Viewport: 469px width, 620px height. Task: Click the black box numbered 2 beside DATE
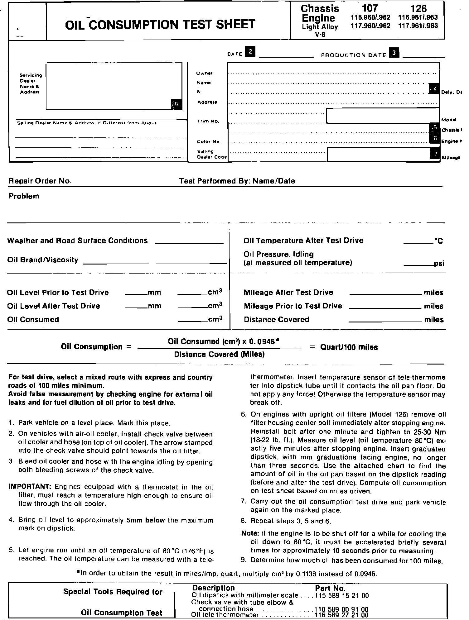coord(250,51)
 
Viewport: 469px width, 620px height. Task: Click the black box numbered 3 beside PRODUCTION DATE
coord(394,53)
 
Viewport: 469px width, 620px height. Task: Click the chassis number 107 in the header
coord(370,8)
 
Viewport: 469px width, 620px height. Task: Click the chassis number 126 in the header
coord(418,8)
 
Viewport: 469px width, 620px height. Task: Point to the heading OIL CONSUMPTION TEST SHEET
coord(160,24)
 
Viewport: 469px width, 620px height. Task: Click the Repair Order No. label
coord(40,181)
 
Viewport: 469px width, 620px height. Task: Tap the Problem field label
coord(24,196)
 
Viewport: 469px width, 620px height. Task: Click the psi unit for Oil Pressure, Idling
coord(439,264)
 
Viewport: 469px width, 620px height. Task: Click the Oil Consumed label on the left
coord(33,320)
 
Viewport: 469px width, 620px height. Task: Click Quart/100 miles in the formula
coord(349,347)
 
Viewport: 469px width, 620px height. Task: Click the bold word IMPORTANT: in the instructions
coord(27,487)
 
